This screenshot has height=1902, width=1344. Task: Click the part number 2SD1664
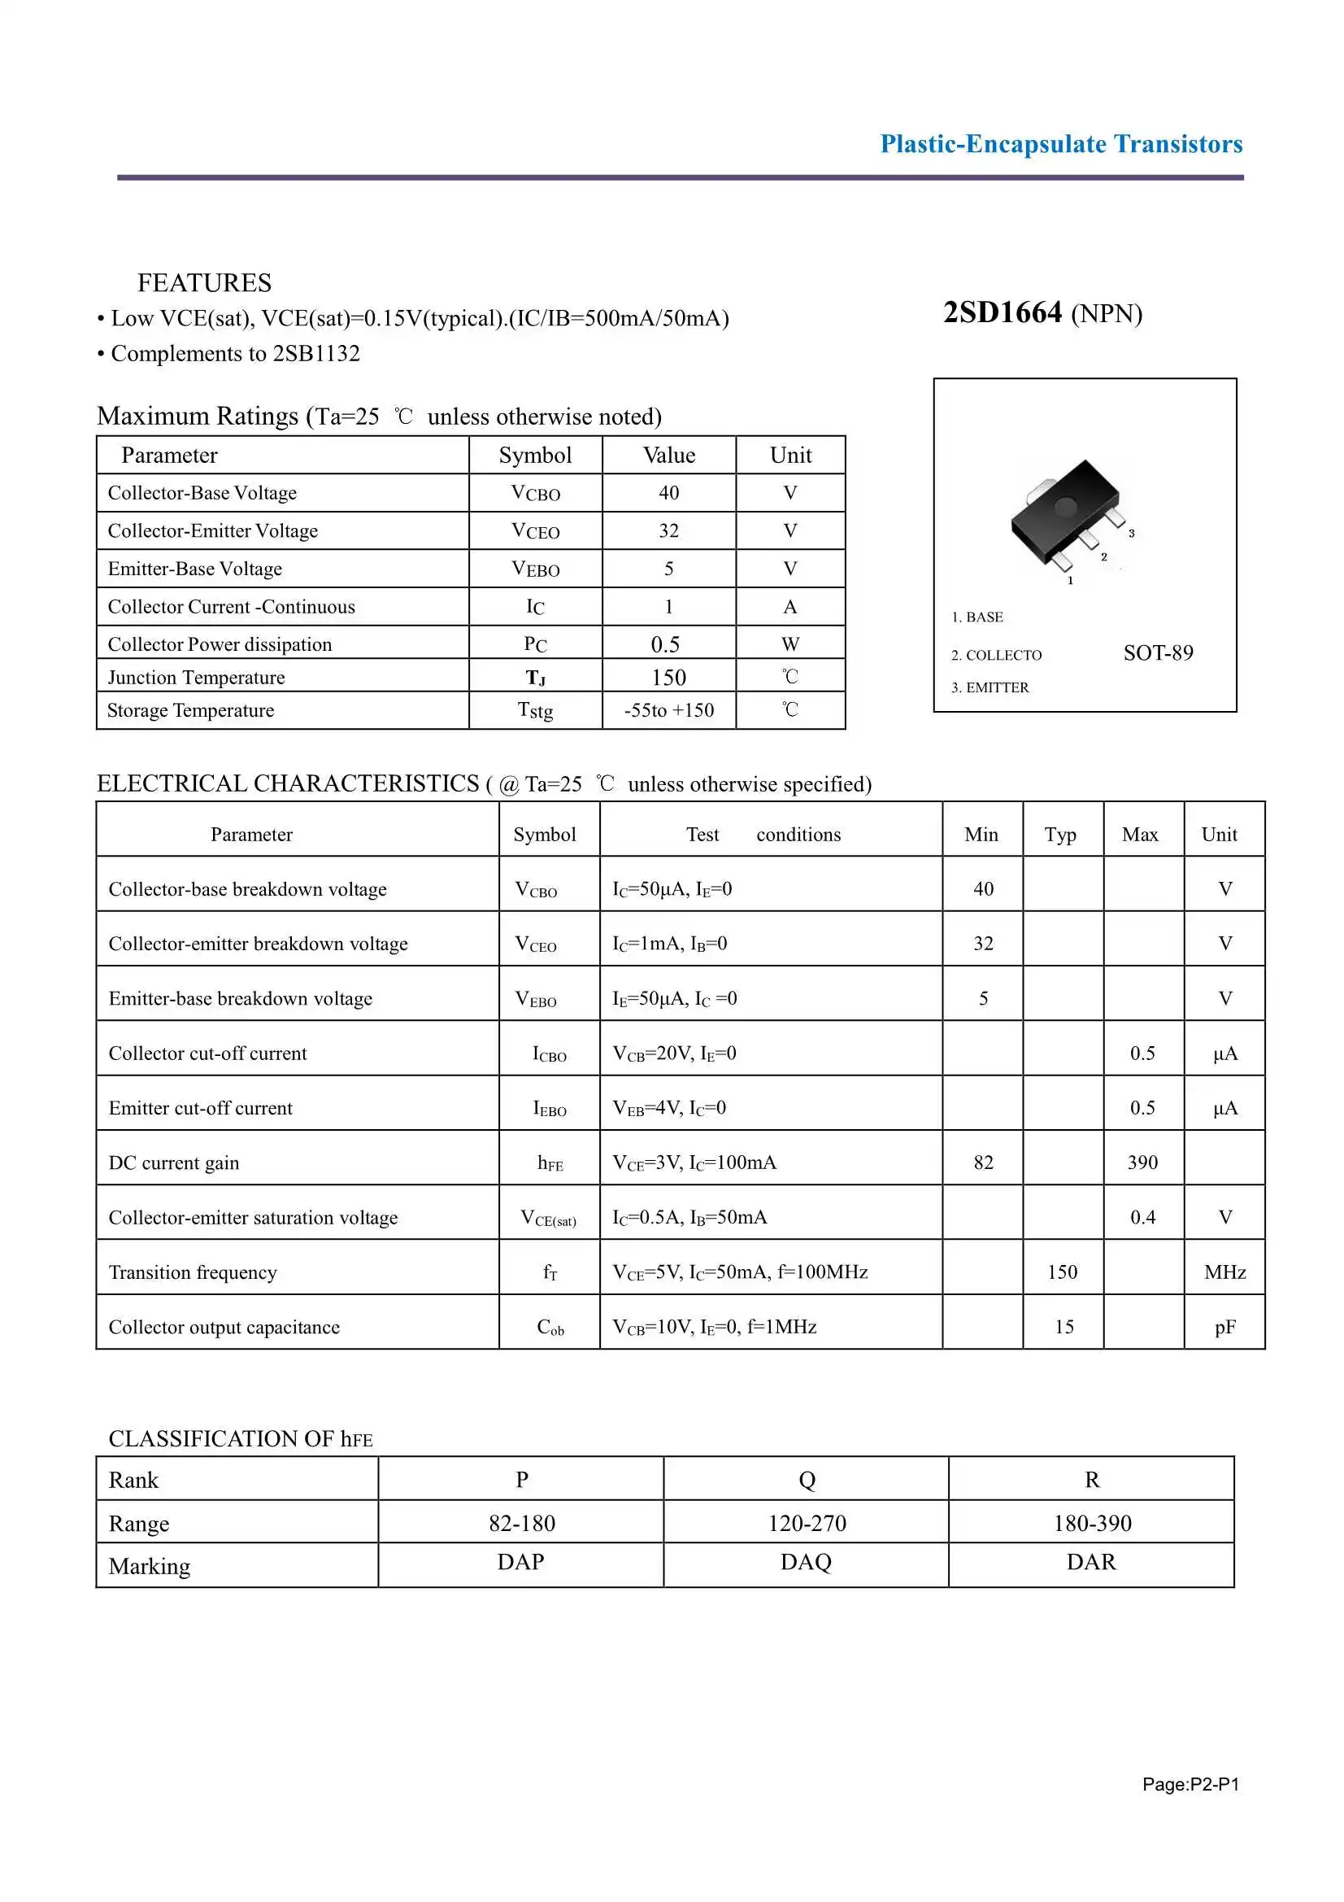[x=1002, y=313]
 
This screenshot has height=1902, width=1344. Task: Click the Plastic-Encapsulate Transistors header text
[x=1061, y=144]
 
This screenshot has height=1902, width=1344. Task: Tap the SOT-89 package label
[x=1158, y=652]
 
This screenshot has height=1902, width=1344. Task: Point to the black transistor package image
[x=1065, y=514]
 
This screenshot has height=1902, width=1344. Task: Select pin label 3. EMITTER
[x=990, y=687]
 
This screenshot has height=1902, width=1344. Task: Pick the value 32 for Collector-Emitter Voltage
[x=668, y=531]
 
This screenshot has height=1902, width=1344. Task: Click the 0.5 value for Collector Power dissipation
[x=665, y=644]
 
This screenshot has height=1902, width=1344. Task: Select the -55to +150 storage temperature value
[x=668, y=710]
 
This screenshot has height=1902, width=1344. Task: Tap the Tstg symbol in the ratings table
[x=535, y=710]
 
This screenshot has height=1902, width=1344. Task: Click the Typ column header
[x=1060, y=834]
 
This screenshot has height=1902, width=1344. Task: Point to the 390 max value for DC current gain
[x=1142, y=1163]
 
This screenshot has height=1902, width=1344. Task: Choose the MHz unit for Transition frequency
[x=1224, y=1272]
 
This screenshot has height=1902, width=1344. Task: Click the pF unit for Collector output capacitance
[x=1224, y=1327]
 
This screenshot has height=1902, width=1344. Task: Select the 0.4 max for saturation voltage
[x=1142, y=1217]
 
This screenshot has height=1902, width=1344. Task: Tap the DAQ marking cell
[x=806, y=1561]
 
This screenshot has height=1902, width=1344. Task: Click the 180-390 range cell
[x=1091, y=1523]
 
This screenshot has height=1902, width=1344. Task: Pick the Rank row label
[x=133, y=1481]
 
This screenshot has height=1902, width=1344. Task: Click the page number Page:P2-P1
[x=1190, y=1784]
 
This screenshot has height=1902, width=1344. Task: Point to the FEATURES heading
[x=205, y=283]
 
